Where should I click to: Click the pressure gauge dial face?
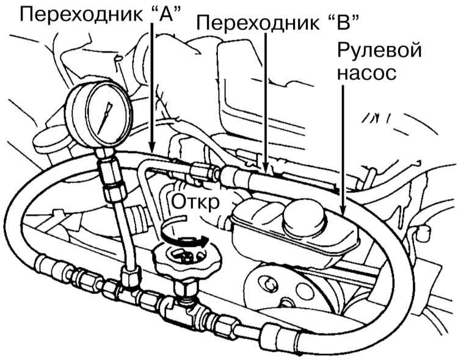click(107, 113)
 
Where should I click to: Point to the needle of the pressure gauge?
click(104, 118)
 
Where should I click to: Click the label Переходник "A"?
click(101, 13)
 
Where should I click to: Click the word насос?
click(367, 73)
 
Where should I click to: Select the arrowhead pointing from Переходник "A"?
click(151, 145)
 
